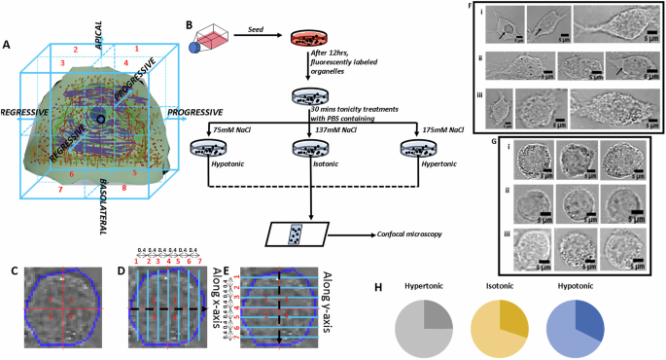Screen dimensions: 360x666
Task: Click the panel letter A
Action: (x=8, y=44)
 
